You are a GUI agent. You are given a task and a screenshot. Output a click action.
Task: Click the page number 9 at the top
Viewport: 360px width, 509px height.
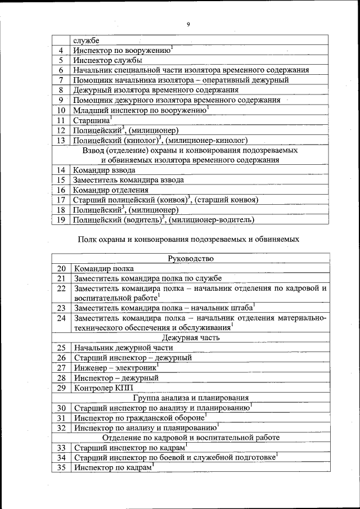[x=188, y=24]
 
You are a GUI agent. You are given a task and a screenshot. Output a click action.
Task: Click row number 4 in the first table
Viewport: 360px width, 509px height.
[x=61, y=51]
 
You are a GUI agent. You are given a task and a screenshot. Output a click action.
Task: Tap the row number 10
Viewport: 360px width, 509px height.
[x=61, y=110]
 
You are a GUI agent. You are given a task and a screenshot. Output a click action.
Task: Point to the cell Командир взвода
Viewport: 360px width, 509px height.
[x=104, y=170]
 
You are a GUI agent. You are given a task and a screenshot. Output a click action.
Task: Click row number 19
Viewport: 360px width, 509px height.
[x=61, y=220]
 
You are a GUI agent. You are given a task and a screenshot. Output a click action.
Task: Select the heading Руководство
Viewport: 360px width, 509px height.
[x=191, y=258]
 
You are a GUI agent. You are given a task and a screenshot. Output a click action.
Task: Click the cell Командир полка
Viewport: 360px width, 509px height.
[x=103, y=268]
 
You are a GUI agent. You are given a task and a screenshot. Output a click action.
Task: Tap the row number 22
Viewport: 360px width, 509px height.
[x=62, y=289]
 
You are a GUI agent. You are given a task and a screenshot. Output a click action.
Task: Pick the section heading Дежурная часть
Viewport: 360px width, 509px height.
[x=191, y=337]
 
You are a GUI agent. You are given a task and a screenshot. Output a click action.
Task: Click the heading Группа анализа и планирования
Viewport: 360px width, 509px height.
[x=191, y=398]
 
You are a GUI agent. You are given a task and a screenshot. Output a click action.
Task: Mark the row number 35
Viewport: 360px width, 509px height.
[x=62, y=467]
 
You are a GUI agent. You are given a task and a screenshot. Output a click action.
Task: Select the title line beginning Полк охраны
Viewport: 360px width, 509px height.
[x=188, y=239]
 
